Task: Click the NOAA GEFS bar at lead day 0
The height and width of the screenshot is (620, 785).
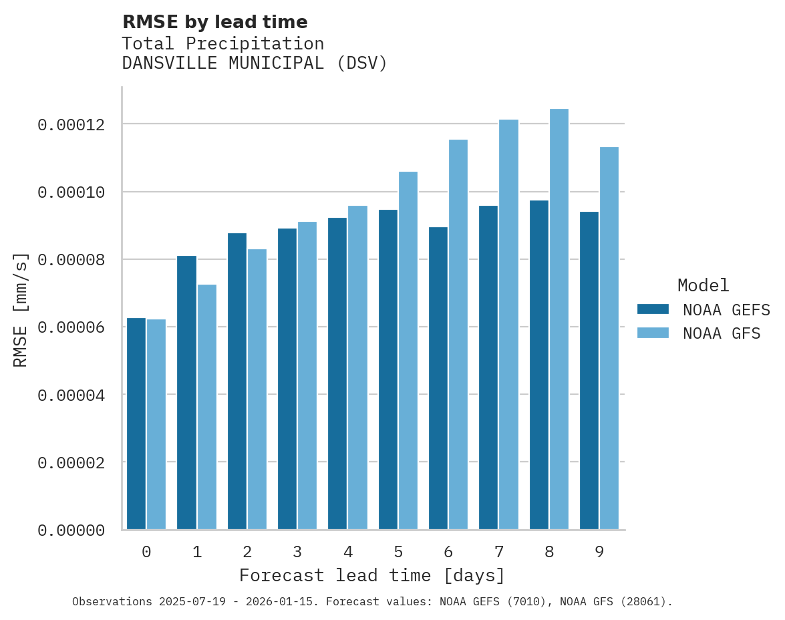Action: point(136,424)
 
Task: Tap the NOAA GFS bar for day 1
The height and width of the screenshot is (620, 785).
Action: point(206,407)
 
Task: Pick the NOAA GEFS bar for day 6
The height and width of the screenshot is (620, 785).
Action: point(438,378)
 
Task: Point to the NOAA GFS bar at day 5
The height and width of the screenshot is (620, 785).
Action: point(408,351)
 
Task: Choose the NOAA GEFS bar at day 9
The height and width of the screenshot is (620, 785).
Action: point(589,371)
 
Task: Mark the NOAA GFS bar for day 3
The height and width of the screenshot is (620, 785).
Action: point(307,375)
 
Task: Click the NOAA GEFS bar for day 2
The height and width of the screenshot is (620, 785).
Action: point(237,381)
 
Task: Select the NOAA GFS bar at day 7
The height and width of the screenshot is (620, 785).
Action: point(508,325)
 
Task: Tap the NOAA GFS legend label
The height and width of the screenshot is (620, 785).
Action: point(722,333)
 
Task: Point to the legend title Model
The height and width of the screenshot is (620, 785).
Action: point(703,285)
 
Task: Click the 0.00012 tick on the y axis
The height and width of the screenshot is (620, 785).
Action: point(71,125)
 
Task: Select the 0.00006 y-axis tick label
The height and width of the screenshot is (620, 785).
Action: point(71,327)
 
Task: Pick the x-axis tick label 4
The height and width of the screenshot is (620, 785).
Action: point(348,553)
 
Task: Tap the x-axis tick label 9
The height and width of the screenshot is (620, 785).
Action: point(599,553)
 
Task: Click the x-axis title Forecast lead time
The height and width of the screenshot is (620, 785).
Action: point(372,575)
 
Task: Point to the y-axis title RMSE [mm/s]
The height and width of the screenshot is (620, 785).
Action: point(21,309)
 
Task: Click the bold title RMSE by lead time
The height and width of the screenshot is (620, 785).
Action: point(215,22)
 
